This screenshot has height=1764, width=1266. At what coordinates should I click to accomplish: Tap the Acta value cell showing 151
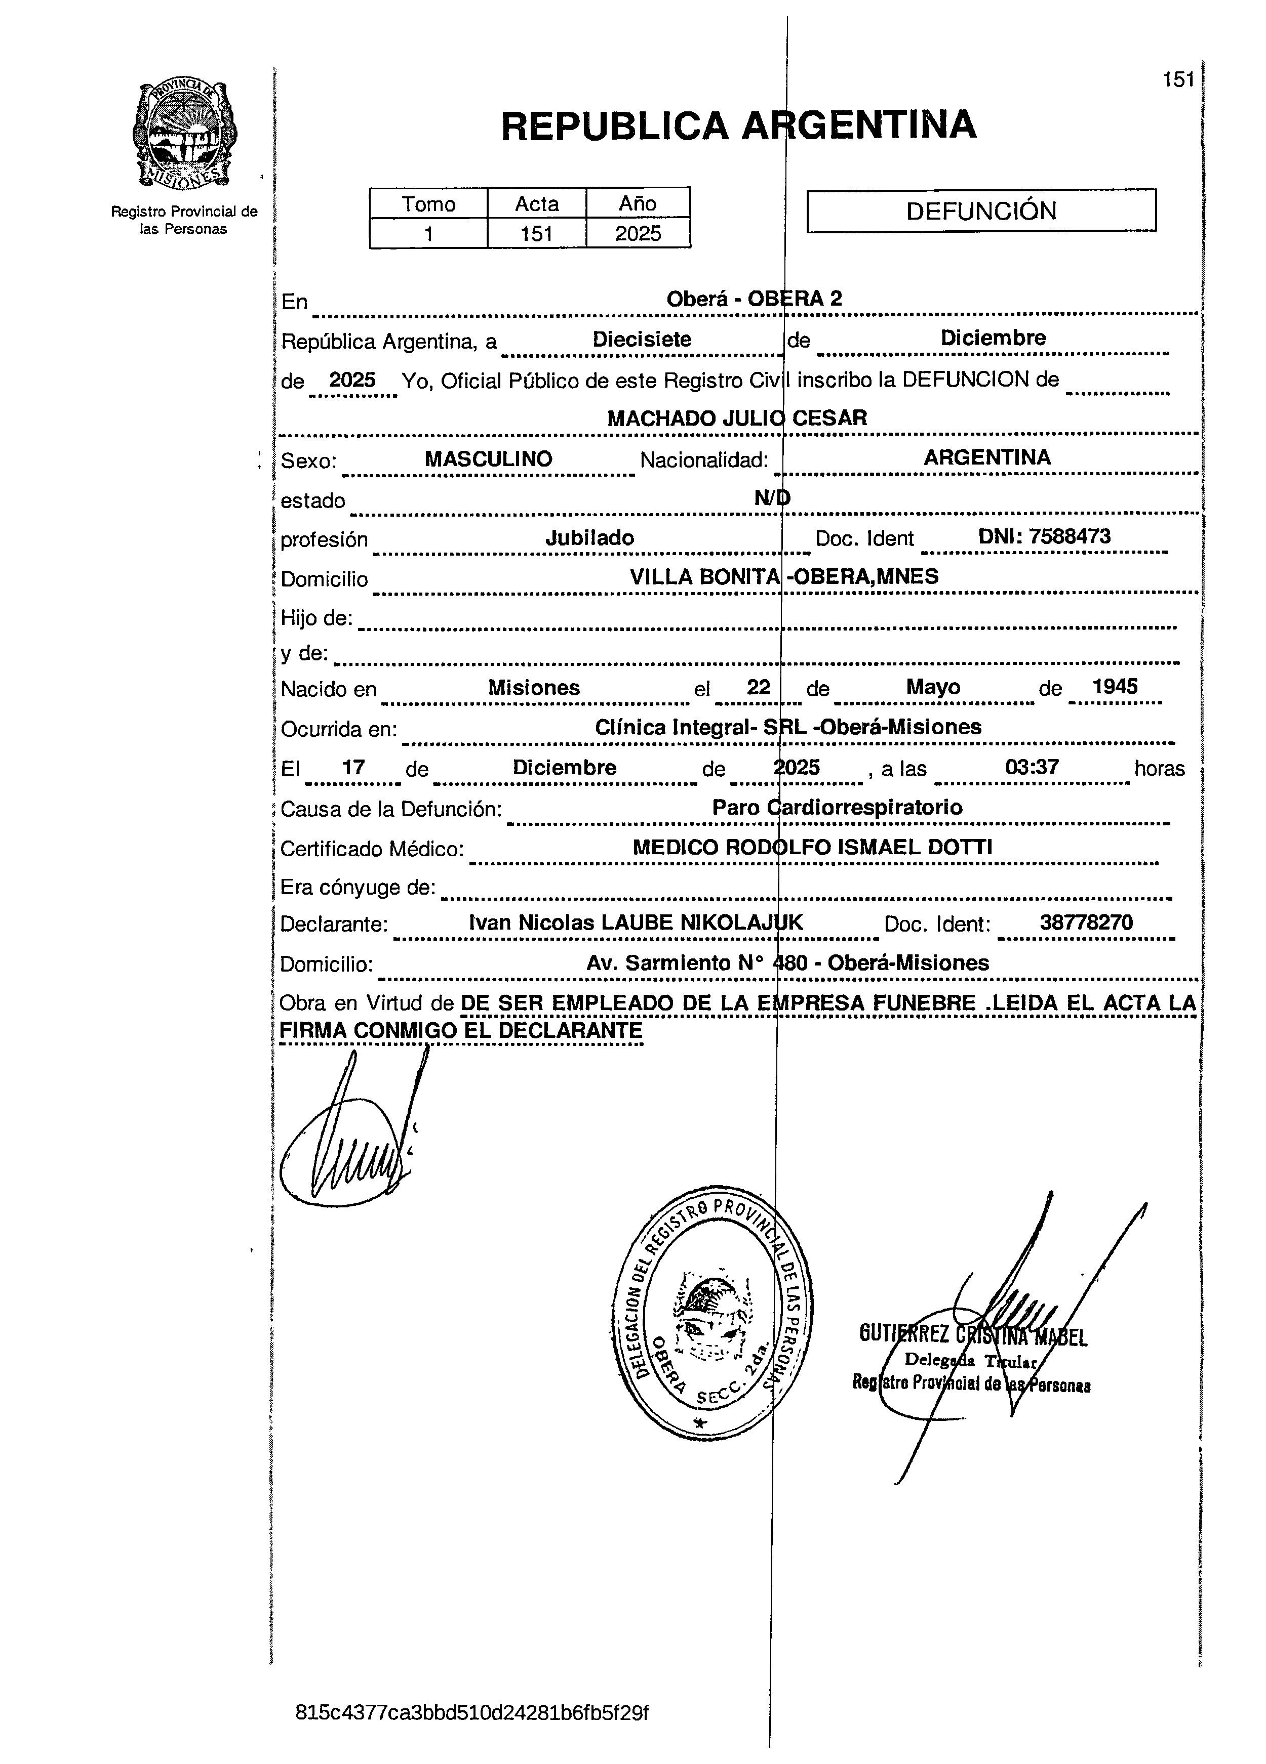click(536, 233)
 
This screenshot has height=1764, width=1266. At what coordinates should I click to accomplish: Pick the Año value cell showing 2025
click(638, 233)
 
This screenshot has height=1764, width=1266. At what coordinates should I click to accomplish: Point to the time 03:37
click(1032, 768)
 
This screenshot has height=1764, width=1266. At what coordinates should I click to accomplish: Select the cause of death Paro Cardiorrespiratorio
click(837, 807)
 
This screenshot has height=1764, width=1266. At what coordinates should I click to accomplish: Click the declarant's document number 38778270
click(1086, 923)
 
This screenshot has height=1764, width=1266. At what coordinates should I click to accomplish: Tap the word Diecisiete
click(642, 339)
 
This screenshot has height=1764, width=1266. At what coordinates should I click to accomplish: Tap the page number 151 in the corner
click(1178, 79)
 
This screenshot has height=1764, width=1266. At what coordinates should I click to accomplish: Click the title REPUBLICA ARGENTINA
click(738, 125)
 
